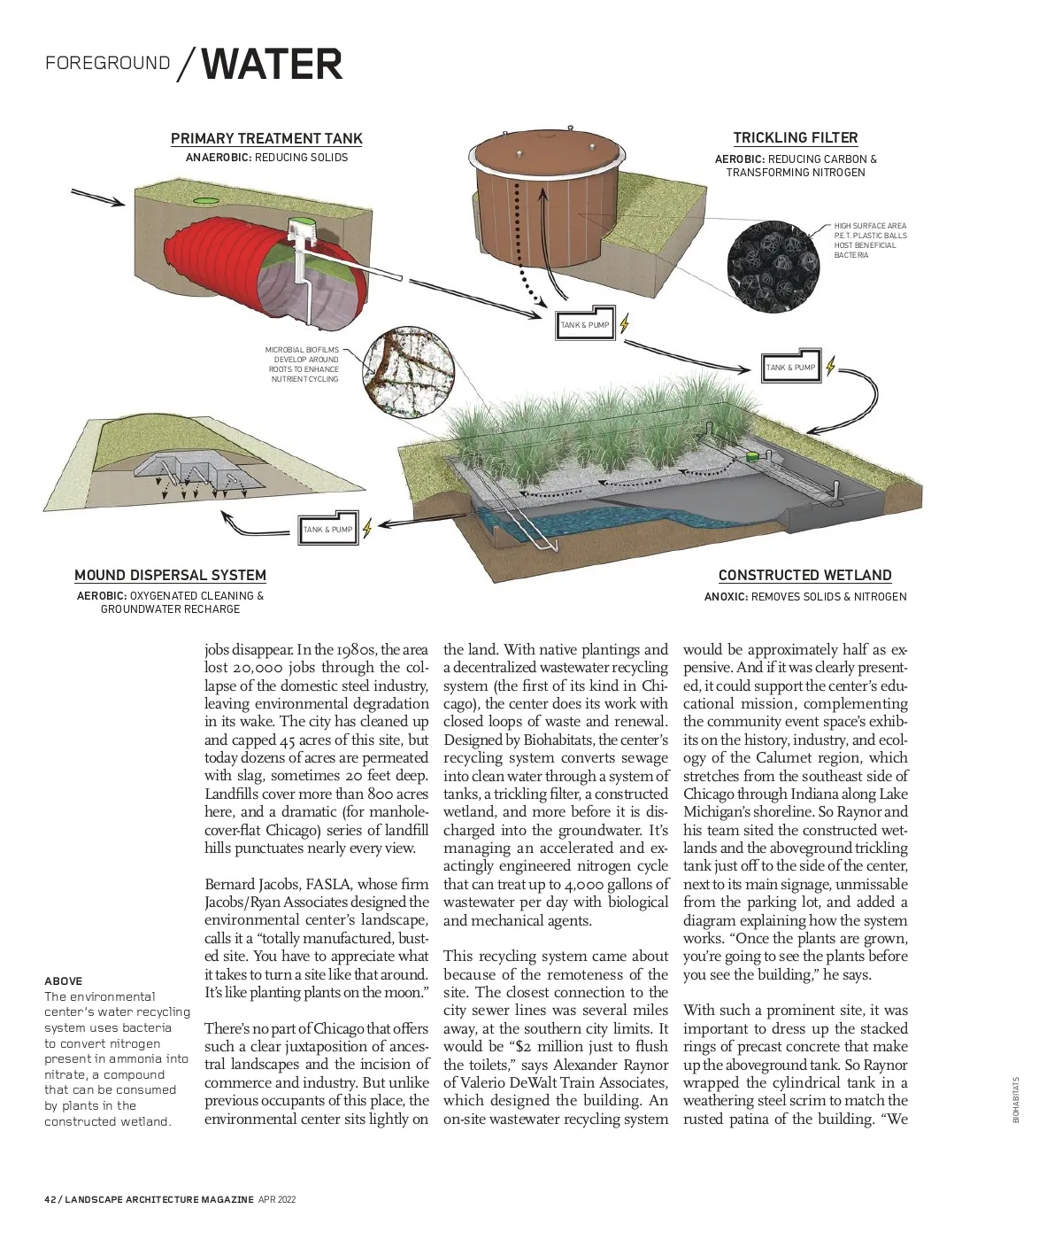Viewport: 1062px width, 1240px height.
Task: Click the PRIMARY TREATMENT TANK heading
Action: [266, 138]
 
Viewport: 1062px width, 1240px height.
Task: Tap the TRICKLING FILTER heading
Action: [795, 137]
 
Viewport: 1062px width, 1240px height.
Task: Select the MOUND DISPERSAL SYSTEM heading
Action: [170, 575]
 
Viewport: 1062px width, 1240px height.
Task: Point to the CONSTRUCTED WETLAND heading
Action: [804, 575]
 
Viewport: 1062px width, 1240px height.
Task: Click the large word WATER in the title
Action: [272, 65]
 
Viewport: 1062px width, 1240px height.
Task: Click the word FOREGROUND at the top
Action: [107, 63]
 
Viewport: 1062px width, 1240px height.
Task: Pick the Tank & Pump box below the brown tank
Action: [585, 323]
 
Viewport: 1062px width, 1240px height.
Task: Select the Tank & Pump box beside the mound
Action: [327, 529]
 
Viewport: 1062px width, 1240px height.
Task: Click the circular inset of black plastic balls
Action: [769, 265]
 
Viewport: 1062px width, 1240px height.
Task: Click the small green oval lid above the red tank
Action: [205, 201]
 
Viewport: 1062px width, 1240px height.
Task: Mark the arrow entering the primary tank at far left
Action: [97, 197]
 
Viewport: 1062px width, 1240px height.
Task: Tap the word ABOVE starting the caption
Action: [63, 980]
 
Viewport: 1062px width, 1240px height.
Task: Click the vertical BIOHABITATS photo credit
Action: [1016, 1099]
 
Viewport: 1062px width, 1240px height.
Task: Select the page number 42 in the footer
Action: [50, 1199]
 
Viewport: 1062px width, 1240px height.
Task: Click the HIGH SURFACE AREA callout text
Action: [870, 240]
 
